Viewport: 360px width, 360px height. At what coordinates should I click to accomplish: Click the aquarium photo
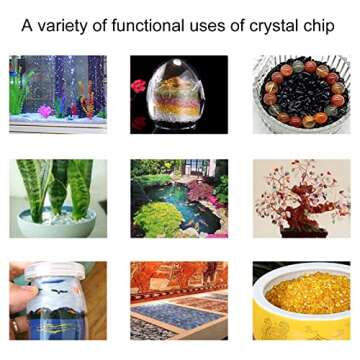point(58,94)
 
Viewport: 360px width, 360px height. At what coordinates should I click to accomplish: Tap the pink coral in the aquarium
point(45,111)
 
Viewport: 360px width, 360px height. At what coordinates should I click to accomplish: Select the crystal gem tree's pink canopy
point(300,190)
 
